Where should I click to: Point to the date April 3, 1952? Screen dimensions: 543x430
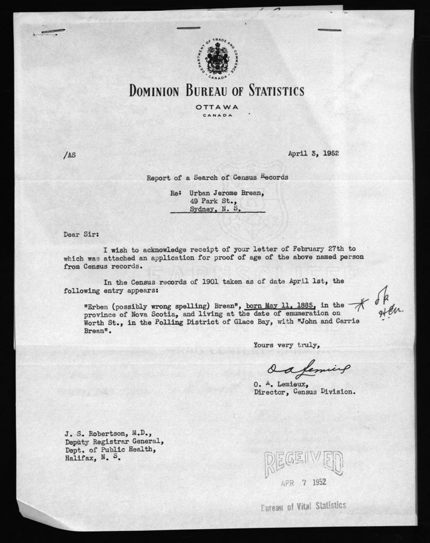pos(313,154)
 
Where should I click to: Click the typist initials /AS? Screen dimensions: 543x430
pos(69,155)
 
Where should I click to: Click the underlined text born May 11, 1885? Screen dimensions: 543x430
pos(280,304)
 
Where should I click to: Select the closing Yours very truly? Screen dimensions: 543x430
pos(287,345)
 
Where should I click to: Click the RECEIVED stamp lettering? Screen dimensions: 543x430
pos(304,463)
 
